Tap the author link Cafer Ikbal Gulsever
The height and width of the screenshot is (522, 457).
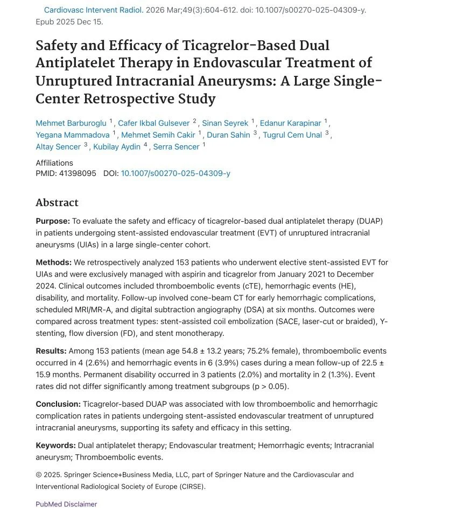click(x=154, y=123)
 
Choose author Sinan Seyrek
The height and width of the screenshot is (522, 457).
click(x=225, y=123)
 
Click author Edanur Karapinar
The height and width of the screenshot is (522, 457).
click(x=290, y=123)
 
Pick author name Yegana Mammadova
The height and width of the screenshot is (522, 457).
click(x=73, y=135)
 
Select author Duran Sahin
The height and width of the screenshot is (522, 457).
click(x=228, y=135)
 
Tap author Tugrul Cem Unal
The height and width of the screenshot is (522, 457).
click(x=292, y=135)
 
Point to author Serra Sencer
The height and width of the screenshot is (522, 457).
click(x=176, y=146)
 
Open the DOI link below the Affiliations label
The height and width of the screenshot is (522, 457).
click(x=175, y=173)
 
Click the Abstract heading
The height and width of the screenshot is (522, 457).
click(x=57, y=203)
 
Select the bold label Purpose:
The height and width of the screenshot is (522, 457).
click(x=53, y=221)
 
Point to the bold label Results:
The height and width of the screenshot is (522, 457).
click(x=51, y=351)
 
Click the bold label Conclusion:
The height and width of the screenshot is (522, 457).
click(x=58, y=404)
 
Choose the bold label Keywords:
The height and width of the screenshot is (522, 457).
click(x=55, y=446)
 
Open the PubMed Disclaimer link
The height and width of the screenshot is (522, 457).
click(x=66, y=504)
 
